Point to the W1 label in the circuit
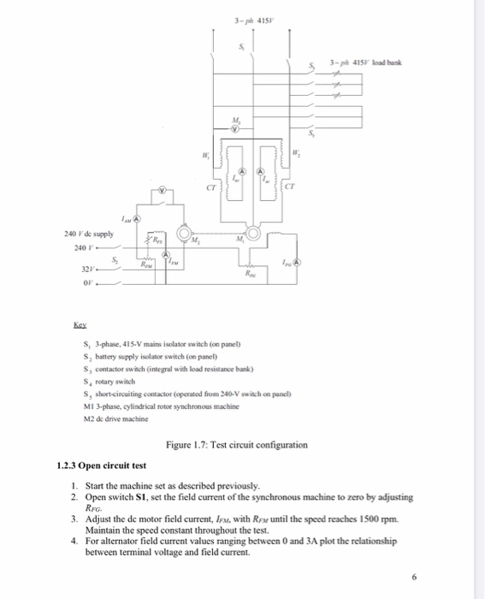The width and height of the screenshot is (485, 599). click(x=203, y=156)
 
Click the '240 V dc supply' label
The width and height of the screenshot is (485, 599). click(x=87, y=233)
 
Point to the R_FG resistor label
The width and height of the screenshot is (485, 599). click(x=249, y=276)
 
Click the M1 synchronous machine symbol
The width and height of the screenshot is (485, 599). click(x=252, y=234)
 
